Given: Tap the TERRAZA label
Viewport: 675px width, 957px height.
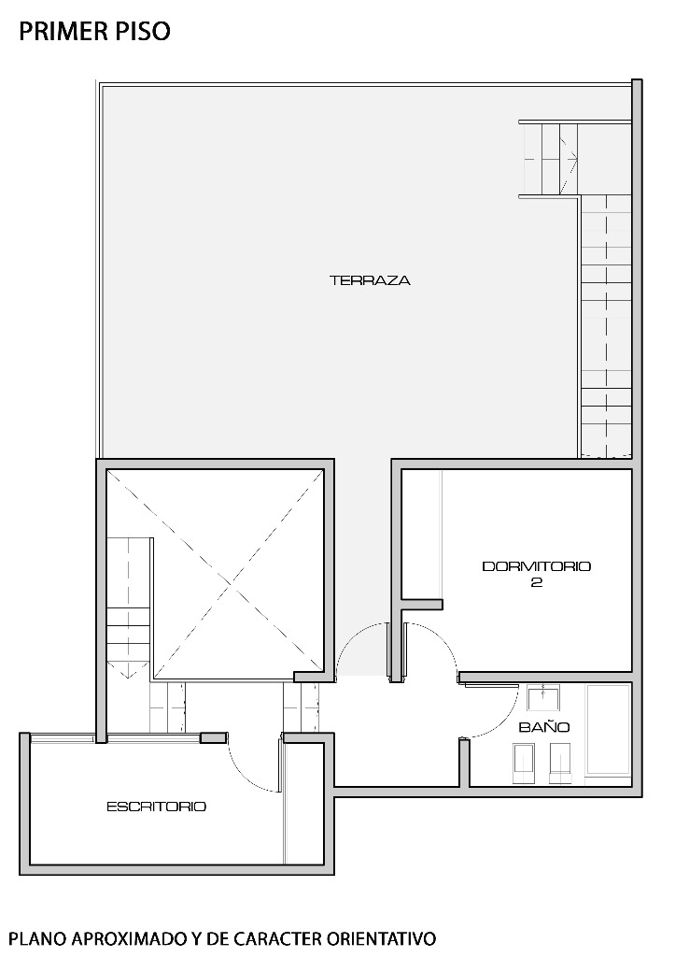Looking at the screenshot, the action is (370, 280).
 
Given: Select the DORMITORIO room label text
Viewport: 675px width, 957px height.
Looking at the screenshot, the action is (537, 566).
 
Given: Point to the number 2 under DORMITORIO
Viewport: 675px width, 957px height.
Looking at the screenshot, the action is (537, 582).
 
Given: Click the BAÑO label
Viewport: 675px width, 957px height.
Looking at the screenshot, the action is (544, 727).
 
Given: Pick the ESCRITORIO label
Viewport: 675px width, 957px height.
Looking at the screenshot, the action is (157, 807).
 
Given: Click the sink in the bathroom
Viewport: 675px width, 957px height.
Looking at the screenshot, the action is (544, 698).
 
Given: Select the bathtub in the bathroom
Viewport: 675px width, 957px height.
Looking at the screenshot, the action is (608, 731).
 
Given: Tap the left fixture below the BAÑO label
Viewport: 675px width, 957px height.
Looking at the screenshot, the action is (524, 763).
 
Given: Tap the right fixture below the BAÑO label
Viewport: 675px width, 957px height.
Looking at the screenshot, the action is (560, 763).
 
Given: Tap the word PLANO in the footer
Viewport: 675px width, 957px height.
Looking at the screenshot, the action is (40, 937).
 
